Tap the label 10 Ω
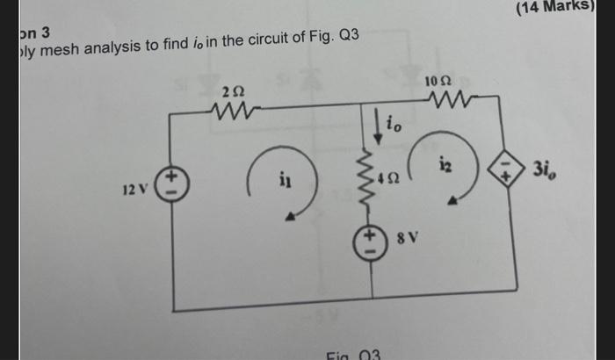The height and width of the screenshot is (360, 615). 437,82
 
